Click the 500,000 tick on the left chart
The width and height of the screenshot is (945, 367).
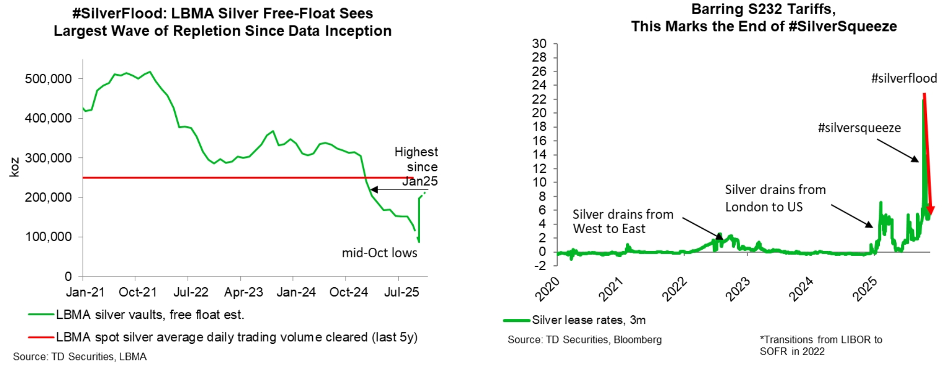(x=48, y=79)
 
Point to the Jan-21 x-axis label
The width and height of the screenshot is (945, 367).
(x=85, y=292)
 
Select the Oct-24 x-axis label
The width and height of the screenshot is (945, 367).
(x=349, y=292)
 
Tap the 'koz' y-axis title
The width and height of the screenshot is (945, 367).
(x=15, y=167)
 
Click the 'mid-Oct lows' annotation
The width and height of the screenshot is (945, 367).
(x=379, y=253)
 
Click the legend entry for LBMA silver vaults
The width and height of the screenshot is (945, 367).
(x=150, y=315)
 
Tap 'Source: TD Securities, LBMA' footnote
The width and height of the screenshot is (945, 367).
(x=80, y=356)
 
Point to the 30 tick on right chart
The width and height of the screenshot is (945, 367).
(x=539, y=44)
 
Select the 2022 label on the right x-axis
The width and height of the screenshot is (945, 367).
(x=674, y=289)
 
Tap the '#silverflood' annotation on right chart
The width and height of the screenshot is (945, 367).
(x=903, y=78)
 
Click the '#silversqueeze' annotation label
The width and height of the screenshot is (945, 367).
(x=859, y=128)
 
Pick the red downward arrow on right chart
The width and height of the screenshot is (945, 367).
(x=927, y=150)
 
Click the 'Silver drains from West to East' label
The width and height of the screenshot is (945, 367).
(x=622, y=221)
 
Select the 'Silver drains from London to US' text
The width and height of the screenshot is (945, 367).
(x=775, y=198)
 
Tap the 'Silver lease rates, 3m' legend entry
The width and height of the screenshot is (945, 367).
(x=588, y=320)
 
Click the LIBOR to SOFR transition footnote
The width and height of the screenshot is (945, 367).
(x=820, y=345)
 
